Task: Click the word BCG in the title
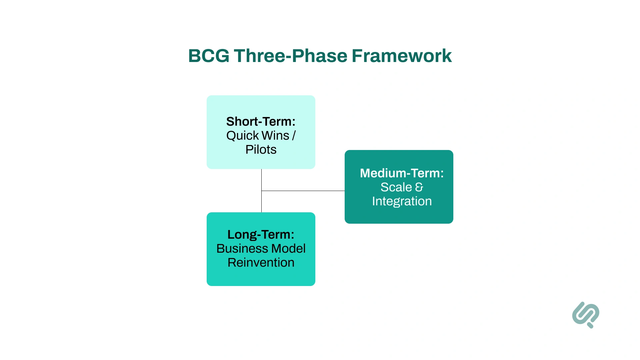tap(209, 56)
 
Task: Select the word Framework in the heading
tap(401, 56)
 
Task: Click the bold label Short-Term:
tap(261, 121)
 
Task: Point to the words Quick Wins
tap(258, 136)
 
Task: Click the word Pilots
tap(261, 150)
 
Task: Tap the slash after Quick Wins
tap(294, 136)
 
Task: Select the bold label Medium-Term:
tap(402, 173)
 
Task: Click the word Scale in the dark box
tap(396, 187)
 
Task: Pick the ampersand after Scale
tap(419, 187)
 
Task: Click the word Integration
tap(402, 201)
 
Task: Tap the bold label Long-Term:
tap(261, 234)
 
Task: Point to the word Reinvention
tap(261, 263)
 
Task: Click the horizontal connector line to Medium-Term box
tap(303, 191)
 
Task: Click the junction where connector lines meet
tap(262, 191)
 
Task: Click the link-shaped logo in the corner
tap(586, 315)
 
